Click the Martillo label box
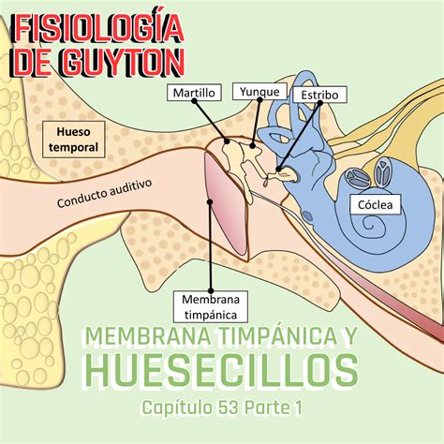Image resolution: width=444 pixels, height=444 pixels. [x=194, y=92]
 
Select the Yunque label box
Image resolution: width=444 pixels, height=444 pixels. [x=258, y=90]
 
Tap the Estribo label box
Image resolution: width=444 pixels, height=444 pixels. [x=319, y=95]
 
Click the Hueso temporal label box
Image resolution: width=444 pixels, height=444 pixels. [x=76, y=140]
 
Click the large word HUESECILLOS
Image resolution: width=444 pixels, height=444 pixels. [x=221, y=370]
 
